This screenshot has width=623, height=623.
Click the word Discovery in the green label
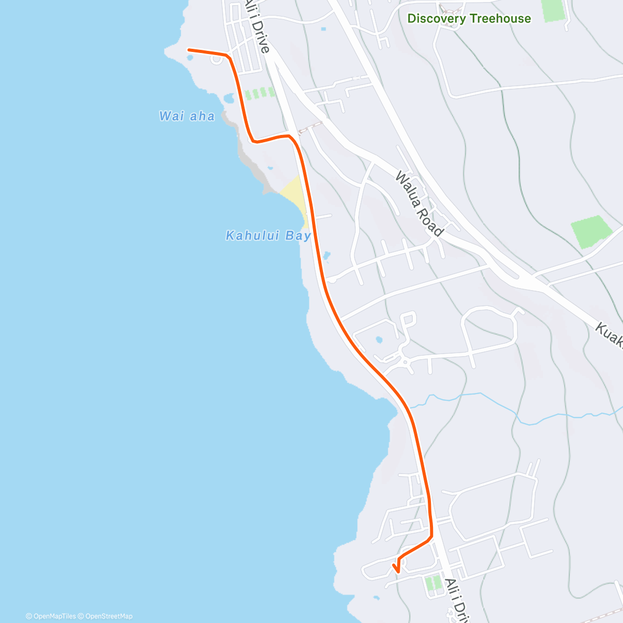(436, 19)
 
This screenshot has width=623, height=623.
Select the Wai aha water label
(187, 116)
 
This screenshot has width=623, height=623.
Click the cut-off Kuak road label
(608, 334)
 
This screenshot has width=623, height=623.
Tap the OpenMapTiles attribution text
(51, 616)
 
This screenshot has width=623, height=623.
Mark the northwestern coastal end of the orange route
(189, 50)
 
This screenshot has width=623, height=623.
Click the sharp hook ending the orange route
(397, 571)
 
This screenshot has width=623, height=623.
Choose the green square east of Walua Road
(591, 231)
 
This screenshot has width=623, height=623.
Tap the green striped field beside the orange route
(259, 93)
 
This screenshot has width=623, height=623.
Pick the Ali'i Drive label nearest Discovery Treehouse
(258, 26)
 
